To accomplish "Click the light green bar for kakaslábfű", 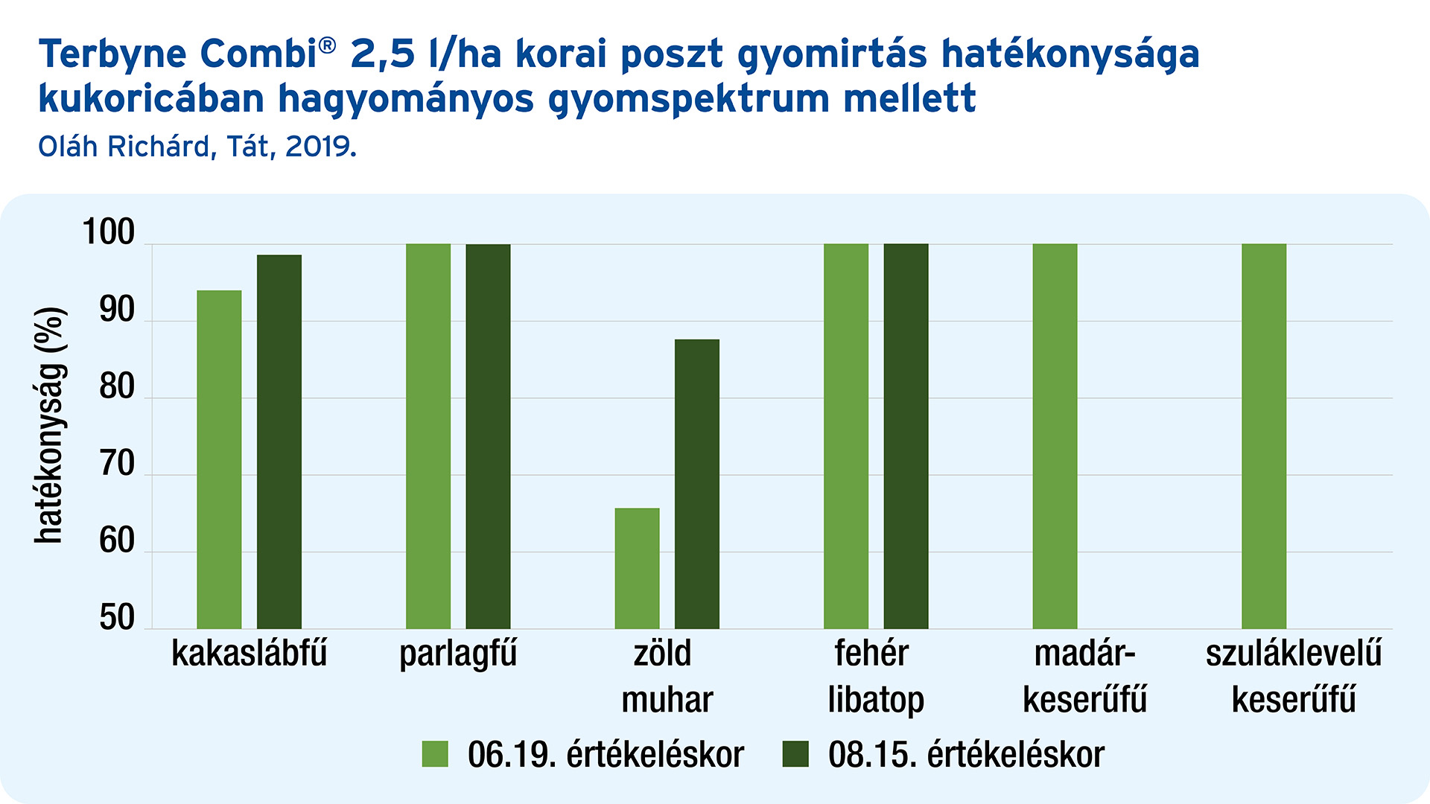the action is (219, 459).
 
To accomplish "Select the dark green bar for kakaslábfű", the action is (279, 441).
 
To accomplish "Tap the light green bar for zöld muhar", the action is (637, 568).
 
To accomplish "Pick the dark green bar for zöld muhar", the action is (697, 484).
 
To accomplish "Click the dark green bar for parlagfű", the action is (488, 436).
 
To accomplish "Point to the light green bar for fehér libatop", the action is (846, 436).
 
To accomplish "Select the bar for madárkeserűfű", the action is (1055, 436).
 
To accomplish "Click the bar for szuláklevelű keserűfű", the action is (1264, 436).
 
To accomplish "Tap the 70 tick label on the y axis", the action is (117, 464).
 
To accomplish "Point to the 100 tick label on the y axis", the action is (109, 232).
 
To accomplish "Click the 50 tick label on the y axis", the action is (117, 617).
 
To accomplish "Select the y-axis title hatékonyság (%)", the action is (50, 425).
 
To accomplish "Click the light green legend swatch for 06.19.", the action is (435, 754).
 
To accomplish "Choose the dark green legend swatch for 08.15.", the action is (795, 754).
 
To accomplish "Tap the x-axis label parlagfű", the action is (458, 654).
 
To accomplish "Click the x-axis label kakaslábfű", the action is (250, 653).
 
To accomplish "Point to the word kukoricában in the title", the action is (152, 98).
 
